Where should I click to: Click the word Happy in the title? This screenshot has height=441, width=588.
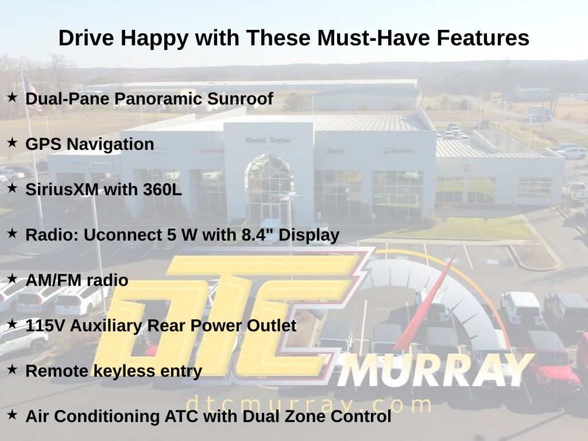point(154,38)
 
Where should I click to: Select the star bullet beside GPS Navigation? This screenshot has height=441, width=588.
point(12,142)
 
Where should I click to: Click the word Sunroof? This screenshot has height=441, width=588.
point(240,99)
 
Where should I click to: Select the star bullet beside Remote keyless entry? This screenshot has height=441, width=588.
point(12,369)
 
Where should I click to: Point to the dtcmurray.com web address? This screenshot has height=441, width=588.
point(308,404)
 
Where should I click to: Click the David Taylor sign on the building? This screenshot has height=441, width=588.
point(268,140)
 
